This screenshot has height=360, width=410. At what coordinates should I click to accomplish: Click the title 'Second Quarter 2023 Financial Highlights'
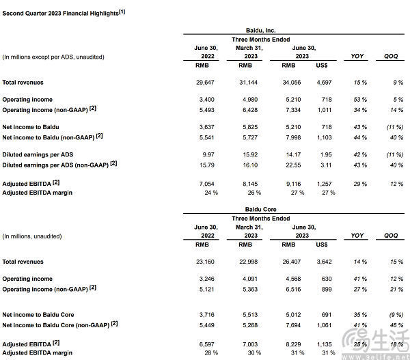tap(63, 12)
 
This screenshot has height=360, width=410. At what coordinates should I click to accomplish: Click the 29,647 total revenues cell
tap(206, 83)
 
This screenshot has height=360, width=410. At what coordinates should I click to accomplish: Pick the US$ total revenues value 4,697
tap(325, 83)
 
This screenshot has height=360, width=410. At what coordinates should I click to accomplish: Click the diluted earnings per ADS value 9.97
tap(208, 154)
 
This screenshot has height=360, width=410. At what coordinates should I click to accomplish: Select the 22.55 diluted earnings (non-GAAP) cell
tap(290, 164)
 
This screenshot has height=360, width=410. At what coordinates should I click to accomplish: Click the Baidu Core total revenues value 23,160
tap(206, 262)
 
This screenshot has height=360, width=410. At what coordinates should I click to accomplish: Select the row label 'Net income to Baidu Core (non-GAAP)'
tap(60, 324)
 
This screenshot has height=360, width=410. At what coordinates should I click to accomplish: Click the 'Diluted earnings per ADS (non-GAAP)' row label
tap(61, 164)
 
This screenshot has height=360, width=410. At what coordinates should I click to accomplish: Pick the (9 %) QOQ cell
tap(390, 315)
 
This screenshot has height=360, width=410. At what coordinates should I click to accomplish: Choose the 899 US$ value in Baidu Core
tap(327, 289)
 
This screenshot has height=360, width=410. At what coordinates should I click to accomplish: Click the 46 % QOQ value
tap(392, 324)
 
